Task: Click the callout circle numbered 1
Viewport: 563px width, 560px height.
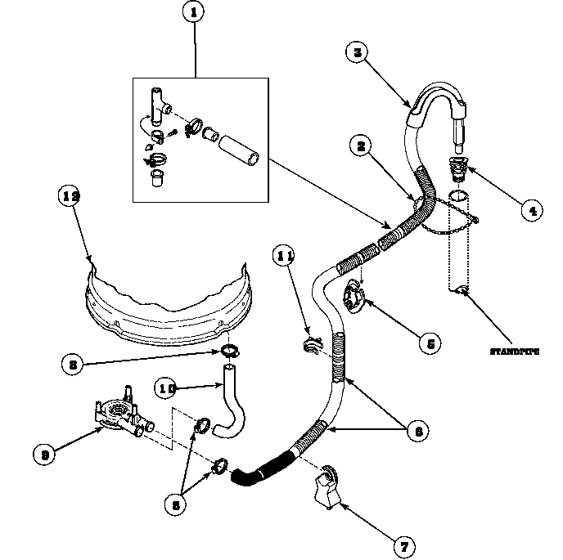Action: [x=194, y=14]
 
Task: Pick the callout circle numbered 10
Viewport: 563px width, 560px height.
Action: [x=167, y=389]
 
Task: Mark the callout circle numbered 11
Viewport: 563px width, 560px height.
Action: [x=284, y=257]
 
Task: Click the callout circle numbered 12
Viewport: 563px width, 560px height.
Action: [x=71, y=196]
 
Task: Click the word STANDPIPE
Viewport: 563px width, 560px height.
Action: [x=515, y=352]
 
